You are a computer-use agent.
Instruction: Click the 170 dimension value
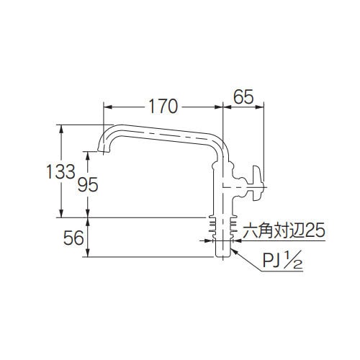(x=163, y=107)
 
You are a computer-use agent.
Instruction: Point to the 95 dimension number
(x=87, y=184)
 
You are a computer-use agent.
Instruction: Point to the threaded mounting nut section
(x=222, y=227)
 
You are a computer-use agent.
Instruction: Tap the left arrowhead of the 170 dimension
(x=107, y=107)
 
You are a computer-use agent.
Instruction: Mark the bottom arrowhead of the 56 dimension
(x=88, y=255)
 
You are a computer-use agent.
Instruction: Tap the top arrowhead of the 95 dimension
(x=88, y=153)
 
